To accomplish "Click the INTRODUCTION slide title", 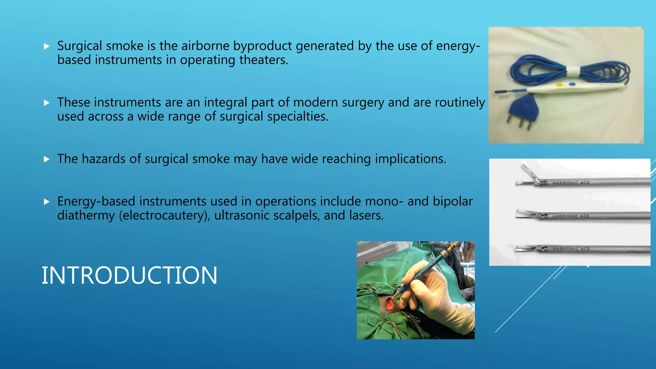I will coord(129,275).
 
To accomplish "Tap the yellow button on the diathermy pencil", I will coord(559,85).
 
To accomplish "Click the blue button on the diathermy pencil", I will coord(572,85).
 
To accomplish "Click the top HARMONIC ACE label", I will coord(571,183).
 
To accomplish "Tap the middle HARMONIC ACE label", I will coord(571,216).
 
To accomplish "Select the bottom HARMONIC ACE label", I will coord(571,249).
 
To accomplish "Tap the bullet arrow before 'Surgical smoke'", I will coord(47,46).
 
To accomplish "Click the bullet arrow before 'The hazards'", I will coord(47,159).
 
